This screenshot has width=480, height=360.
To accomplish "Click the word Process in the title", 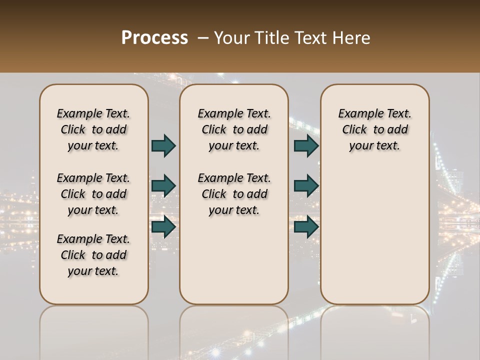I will click(154, 38).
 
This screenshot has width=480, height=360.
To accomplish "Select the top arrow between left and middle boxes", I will click(163, 145).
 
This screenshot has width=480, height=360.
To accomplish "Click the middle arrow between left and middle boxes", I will click(163, 186).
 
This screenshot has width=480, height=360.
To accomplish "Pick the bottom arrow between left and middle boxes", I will click(163, 227).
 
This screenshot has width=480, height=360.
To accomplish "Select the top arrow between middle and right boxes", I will click(306, 145).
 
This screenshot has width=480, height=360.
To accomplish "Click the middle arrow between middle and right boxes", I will click(306, 186).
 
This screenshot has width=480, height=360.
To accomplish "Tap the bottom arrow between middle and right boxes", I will click(306, 227).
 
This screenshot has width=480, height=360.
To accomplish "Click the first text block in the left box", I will click(93, 129).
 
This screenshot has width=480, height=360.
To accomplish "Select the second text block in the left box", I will click(93, 194).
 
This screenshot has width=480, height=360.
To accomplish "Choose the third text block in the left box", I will click(93, 255).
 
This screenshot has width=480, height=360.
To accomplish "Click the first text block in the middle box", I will click(234, 129).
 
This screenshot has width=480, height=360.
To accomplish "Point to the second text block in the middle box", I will click(234, 194).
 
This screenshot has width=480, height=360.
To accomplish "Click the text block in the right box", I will click(375, 129).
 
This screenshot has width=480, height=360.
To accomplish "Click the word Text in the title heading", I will click(311, 38).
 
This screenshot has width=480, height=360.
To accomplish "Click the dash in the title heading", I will click(203, 38).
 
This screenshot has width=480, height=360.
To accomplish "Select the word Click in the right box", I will click(354, 130).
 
